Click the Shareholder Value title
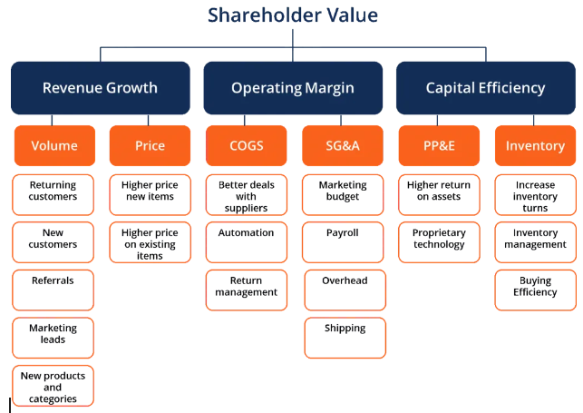(x=293, y=15)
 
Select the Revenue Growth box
(x=101, y=88)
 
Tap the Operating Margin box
(x=293, y=88)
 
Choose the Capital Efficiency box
(x=486, y=88)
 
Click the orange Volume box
(x=54, y=145)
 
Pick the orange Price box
(x=150, y=145)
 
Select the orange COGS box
(x=246, y=145)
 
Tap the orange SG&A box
(x=343, y=145)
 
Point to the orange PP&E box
(x=439, y=145)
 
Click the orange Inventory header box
(x=536, y=145)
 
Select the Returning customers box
(x=53, y=194)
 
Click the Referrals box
(x=53, y=290)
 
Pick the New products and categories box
(x=53, y=386)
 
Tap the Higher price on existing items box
(x=150, y=242)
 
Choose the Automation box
(x=246, y=242)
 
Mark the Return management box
(x=246, y=290)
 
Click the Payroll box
(x=343, y=242)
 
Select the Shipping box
(x=345, y=338)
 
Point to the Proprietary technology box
(x=439, y=242)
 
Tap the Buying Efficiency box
(x=536, y=290)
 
